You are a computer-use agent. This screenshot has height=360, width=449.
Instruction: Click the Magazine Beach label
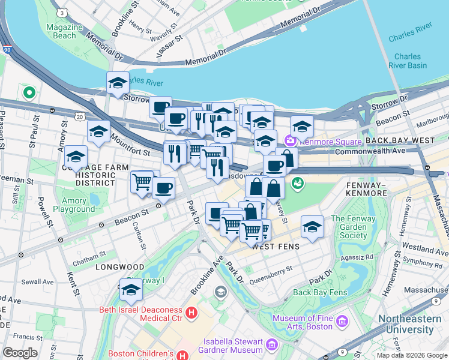pyautogui.click(x=64, y=31)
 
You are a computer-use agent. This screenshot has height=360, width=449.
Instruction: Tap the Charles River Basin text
pyautogui.click(x=408, y=61)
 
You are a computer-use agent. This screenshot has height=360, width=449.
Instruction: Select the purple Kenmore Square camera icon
pyautogui.click(x=291, y=140)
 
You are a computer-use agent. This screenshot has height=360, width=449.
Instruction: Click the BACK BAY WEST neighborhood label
pyautogui.click(x=399, y=140)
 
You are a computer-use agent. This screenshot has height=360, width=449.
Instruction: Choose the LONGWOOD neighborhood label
pyautogui.click(x=120, y=266)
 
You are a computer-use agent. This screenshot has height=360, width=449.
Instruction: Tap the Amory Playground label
pyautogui.click(x=74, y=205)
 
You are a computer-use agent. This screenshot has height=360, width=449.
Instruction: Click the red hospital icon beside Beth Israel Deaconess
pyautogui.click(x=191, y=312)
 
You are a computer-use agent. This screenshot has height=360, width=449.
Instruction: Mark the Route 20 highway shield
pyautogui.click(x=80, y=116)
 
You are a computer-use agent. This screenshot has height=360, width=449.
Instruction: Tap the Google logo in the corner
pyautogui.click(x=20, y=353)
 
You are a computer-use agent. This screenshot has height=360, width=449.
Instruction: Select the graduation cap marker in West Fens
pyautogui.click(x=312, y=227)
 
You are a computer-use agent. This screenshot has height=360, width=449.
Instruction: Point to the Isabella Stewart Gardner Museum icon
pyautogui.click(x=271, y=344)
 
